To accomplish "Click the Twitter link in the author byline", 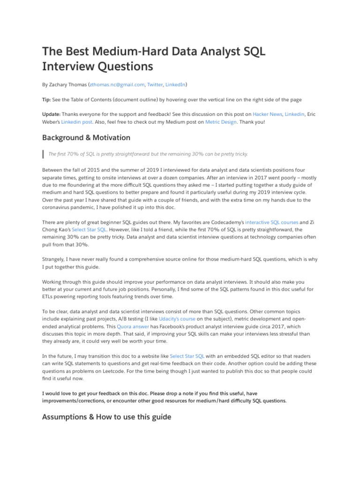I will [x=155, y=85].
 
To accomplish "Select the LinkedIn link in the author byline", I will [x=175, y=85].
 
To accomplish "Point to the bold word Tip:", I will [x=47, y=100].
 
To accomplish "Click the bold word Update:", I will [x=51, y=114].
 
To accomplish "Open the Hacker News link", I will [x=267, y=114].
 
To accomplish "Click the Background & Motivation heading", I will [x=86, y=138].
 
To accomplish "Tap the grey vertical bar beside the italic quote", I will [x=43, y=154].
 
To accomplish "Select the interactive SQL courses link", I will [x=271, y=222].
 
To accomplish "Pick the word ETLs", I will [x=49, y=297].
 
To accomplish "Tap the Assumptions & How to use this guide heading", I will [x=107, y=417].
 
